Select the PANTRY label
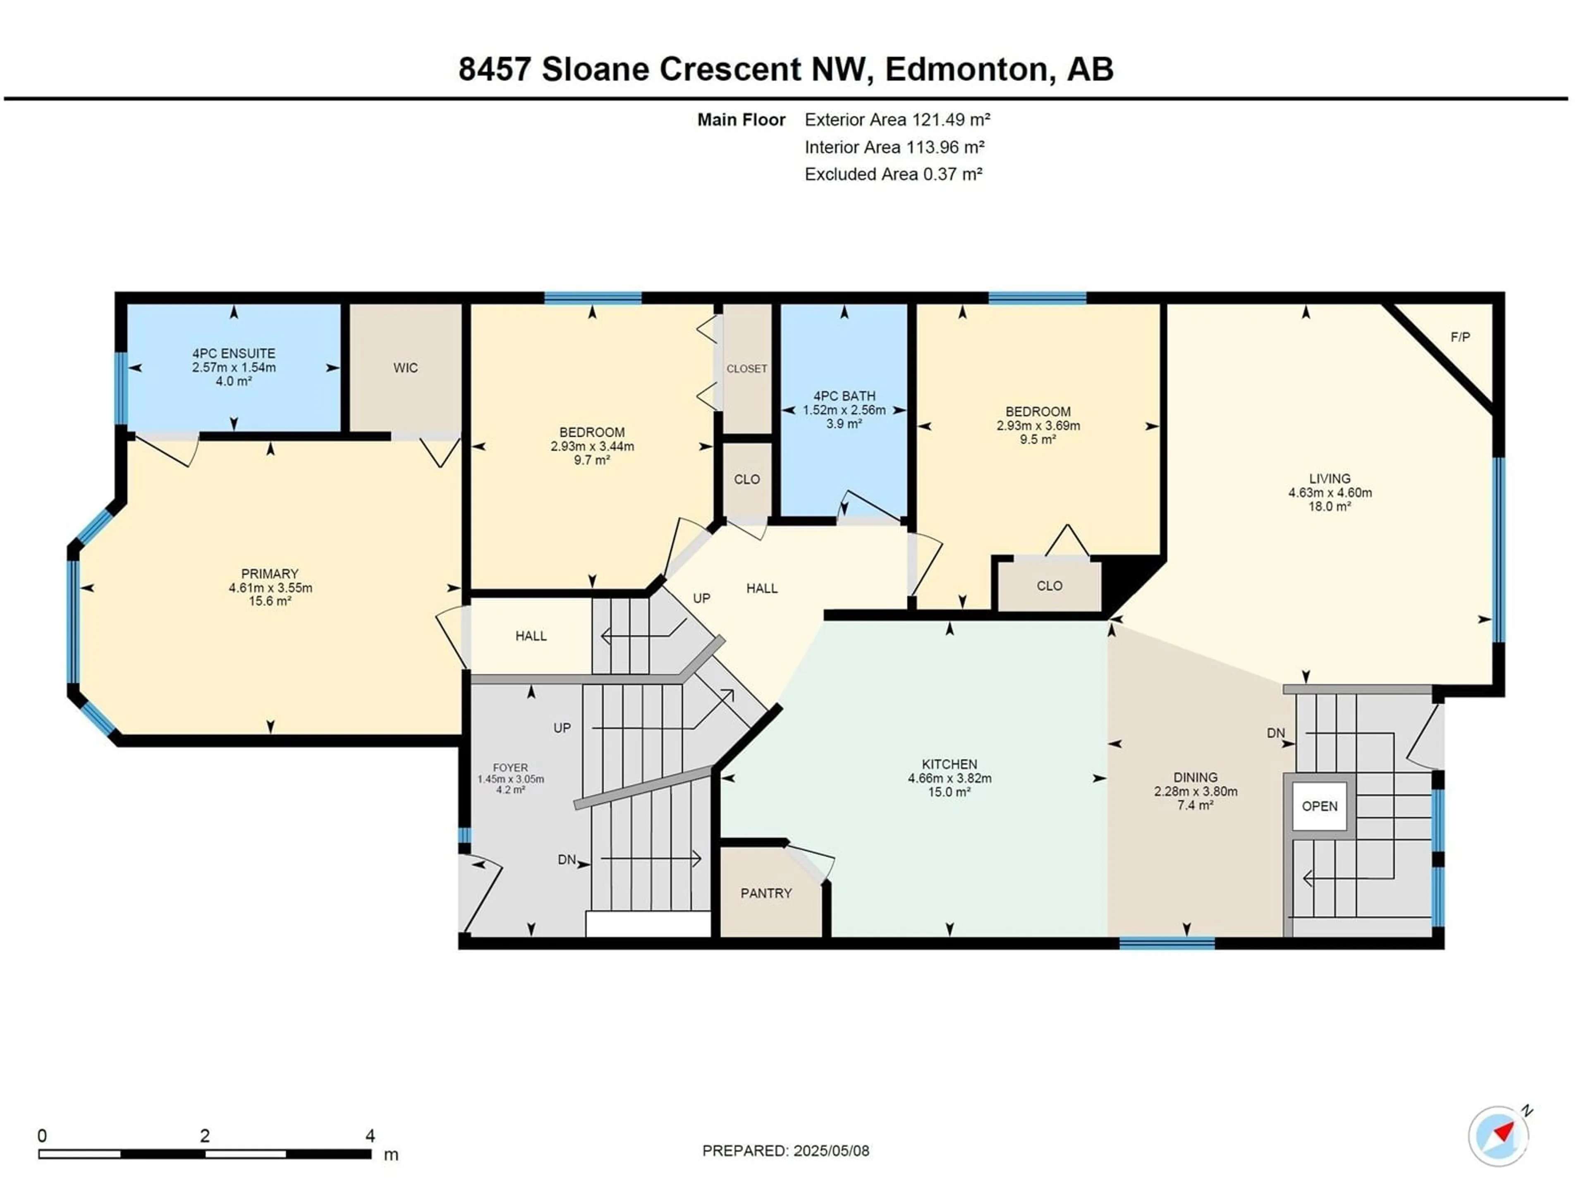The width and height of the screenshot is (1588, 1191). (x=766, y=893)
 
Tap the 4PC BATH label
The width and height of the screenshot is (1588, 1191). (x=844, y=396)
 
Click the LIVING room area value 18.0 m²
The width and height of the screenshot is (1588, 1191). (x=1330, y=506)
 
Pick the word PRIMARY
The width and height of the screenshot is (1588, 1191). (x=270, y=574)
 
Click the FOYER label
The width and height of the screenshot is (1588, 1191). (x=510, y=768)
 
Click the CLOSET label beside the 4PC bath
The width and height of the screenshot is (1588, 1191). (x=746, y=368)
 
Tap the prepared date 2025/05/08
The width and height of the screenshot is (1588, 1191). (x=831, y=1151)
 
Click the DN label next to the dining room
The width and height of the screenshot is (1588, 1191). (x=1276, y=733)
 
